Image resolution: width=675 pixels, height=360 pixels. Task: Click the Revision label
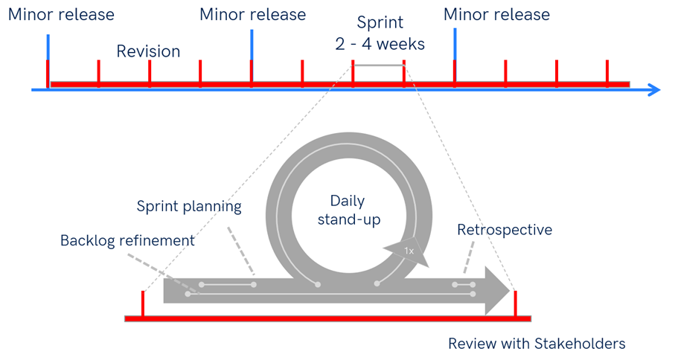tap(148, 51)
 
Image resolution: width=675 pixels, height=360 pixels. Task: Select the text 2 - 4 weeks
tap(380, 44)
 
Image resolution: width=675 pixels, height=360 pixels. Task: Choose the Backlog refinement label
tap(127, 240)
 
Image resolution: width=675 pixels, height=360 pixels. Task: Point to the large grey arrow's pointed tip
tap(508, 289)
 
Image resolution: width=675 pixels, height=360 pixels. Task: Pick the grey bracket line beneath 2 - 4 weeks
tap(379, 65)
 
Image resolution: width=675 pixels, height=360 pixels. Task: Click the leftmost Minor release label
tap(62, 14)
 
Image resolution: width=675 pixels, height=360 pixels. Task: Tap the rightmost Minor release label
tap(496, 14)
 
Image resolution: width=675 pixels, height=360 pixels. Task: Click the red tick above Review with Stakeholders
tap(515, 303)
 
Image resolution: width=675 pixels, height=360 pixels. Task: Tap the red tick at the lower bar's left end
tap(142, 303)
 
